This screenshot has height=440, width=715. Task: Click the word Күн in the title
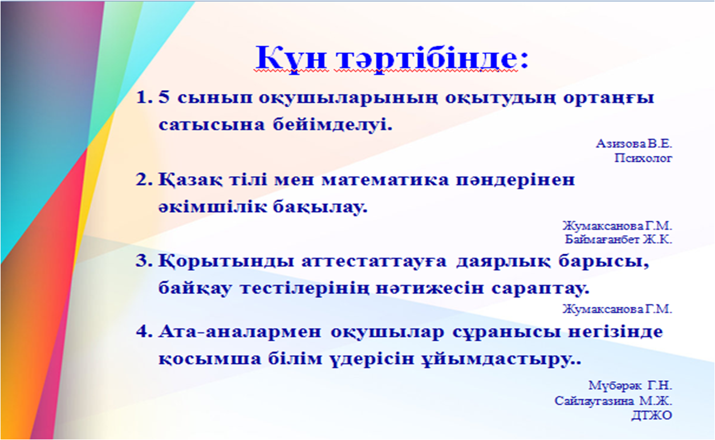click(291, 60)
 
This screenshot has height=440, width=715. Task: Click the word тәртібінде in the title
click(426, 60)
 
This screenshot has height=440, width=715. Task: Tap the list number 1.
click(144, 97)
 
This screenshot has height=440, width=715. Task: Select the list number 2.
click(144, 180)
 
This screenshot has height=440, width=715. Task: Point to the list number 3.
click(144, 261)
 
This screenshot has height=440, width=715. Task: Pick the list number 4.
click(144, 332)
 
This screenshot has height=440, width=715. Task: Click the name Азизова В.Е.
click(634, 144)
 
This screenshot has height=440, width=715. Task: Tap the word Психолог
click(643, 158)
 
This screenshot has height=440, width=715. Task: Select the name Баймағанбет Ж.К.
click(619, 239)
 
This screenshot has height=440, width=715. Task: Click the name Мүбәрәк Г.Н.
click(631, 385)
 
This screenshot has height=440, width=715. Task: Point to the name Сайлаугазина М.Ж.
click(613, 401)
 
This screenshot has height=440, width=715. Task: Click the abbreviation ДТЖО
click(652, 415)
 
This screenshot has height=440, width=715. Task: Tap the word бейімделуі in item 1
click(332, 125)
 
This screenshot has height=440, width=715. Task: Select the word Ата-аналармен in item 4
click(239, 332)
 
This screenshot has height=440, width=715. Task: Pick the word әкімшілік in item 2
click(212, 207)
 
